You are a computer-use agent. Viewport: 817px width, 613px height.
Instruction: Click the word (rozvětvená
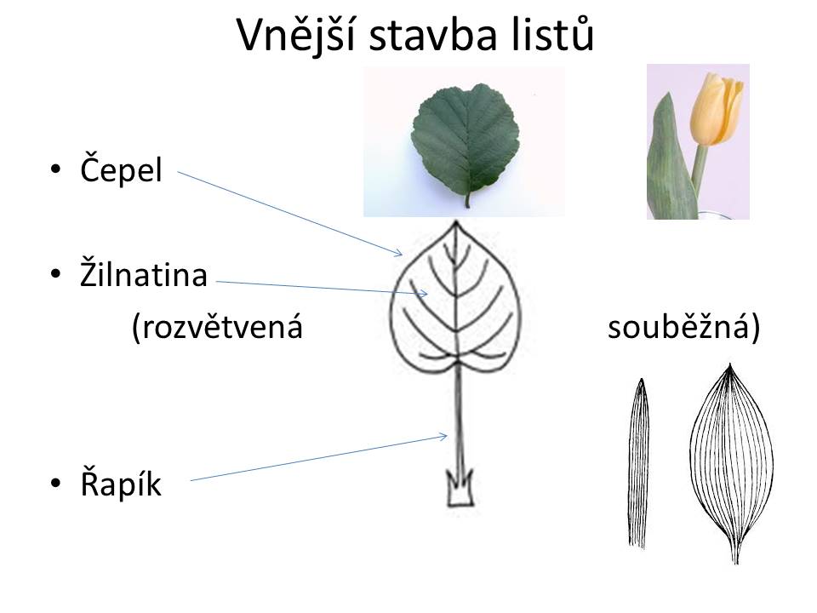(217, 328)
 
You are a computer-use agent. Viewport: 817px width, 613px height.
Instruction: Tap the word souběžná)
(683, 328)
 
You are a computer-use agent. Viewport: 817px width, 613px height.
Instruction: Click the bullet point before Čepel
(55, 169)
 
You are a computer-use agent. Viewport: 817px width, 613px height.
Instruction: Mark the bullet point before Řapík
(55, 484)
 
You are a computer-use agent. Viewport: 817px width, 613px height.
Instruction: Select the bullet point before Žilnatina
(55, 274)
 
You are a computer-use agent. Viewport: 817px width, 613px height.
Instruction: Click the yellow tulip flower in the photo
(717, 110)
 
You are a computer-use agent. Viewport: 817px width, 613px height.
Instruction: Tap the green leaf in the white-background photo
(466, 143)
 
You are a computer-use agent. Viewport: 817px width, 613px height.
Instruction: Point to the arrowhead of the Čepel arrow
(400, 254)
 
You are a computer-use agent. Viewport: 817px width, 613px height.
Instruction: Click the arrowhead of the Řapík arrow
(444, 436)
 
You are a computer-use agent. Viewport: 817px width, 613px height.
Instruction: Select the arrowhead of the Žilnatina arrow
(425, 294)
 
